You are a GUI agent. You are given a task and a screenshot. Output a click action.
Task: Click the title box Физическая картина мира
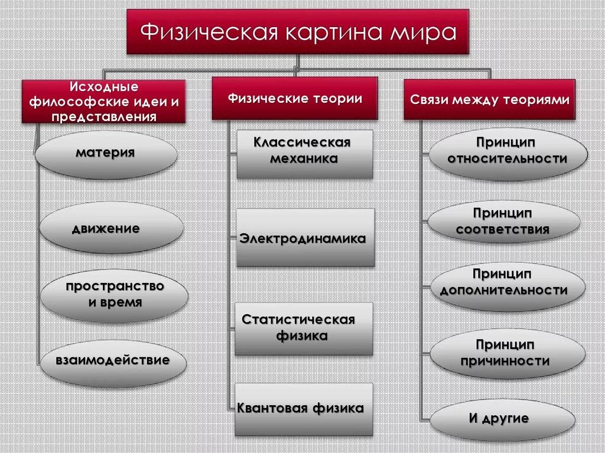tap(298, 32)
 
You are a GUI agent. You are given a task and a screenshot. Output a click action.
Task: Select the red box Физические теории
tap(295, 99)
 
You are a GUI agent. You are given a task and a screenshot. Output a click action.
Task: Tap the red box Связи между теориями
tap(489, 100)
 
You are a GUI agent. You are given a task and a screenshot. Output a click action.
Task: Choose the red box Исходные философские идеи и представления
tap(103, 102)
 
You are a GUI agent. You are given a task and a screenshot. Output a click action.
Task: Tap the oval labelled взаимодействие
tap(113, 360)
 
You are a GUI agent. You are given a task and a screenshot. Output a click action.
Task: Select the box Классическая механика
tap(305, 154)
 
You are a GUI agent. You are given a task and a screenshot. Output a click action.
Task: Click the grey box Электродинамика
tap(305, 237)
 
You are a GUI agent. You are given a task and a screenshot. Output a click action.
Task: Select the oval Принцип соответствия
tap(503, 221)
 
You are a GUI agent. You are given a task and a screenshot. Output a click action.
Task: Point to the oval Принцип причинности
tap(507, 354)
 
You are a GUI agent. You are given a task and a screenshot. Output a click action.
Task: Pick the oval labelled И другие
tap(502, 419)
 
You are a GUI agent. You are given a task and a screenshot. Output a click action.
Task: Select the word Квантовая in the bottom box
tap(270, 408)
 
